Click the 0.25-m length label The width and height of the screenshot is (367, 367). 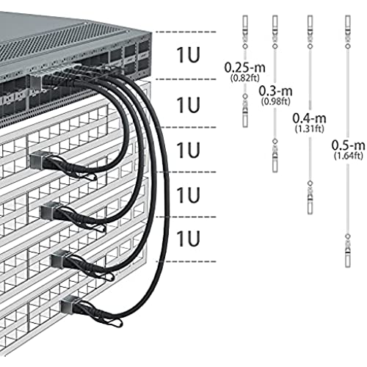245,68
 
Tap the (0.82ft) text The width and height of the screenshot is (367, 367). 245,78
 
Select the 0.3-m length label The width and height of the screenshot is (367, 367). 276,91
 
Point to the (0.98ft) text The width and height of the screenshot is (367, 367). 276,101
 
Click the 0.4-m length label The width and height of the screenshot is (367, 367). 310,118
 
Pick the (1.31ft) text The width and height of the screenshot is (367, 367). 310,128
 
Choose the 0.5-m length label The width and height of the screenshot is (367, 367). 348,145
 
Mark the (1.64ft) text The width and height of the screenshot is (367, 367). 348,156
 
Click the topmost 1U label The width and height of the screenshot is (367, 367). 188,55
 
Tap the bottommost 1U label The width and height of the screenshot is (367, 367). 188,239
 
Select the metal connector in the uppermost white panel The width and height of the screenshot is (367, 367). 38,159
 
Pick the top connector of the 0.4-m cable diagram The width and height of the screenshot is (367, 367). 310,32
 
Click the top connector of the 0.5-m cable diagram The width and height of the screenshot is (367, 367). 348,32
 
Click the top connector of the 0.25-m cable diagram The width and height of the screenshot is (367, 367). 245,32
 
